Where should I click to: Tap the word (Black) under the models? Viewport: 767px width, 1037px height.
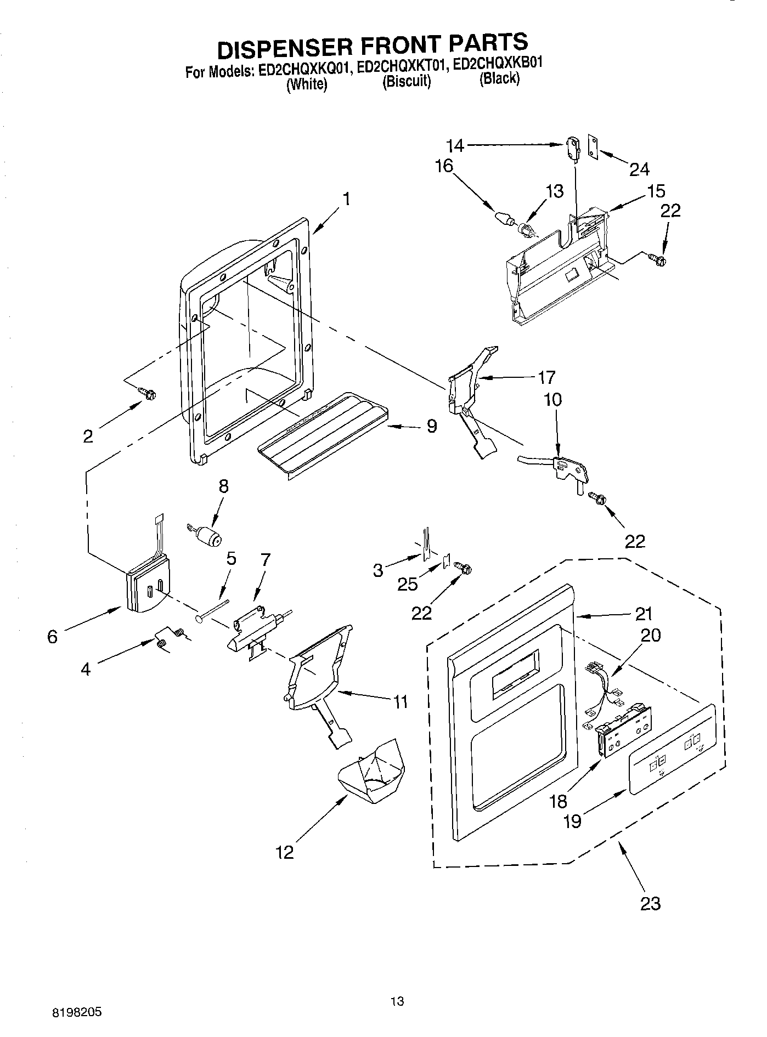[x=499, y=78]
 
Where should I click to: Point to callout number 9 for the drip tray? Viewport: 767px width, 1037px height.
[x=431, y=426]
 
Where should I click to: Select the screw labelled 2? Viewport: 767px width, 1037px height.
[x=148, y=393]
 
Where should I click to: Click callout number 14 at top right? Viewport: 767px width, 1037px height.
[x=455, y=145]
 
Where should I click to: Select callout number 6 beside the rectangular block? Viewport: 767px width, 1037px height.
[x=53, y=636]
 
